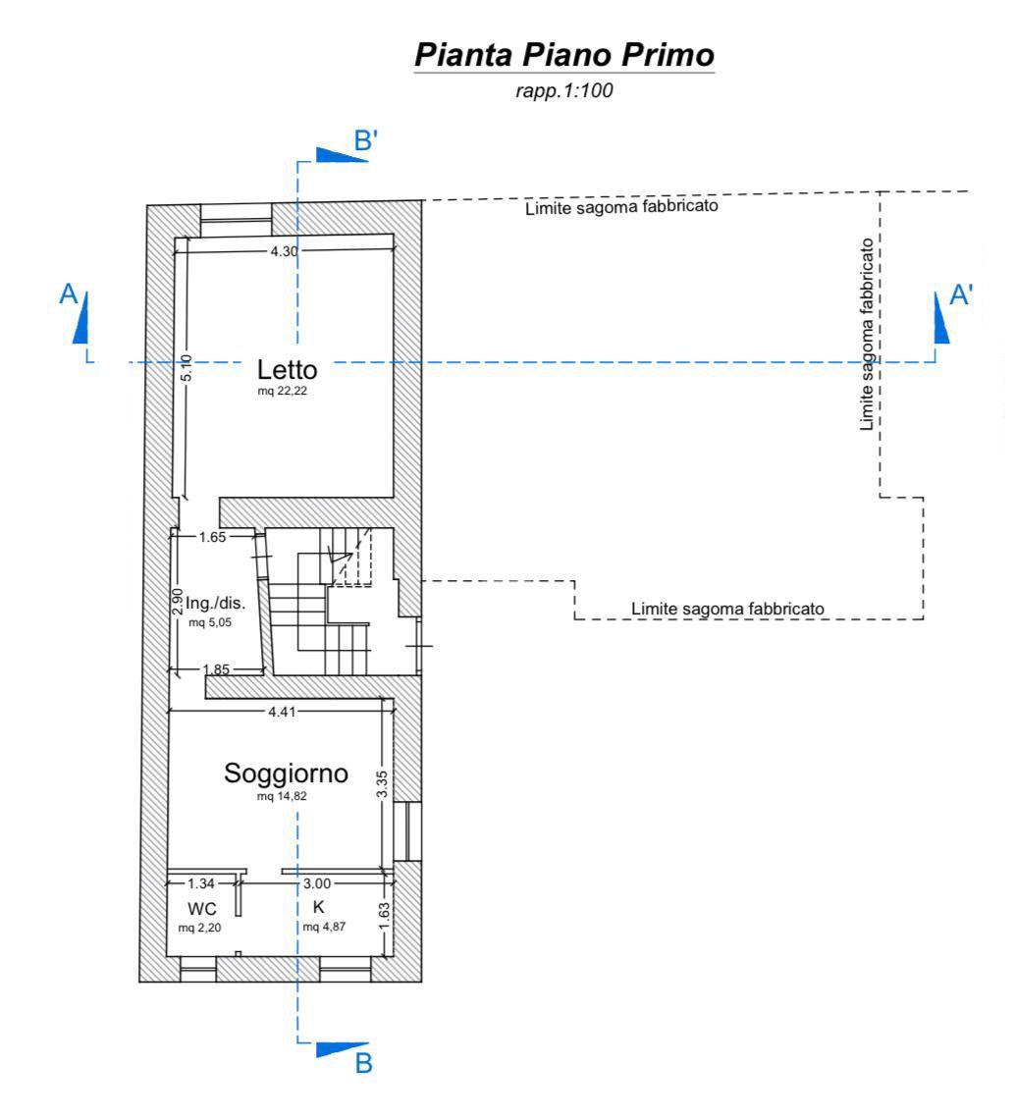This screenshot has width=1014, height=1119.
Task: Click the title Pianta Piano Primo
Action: point(563,55)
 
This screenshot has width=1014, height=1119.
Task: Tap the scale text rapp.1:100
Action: point(563,90)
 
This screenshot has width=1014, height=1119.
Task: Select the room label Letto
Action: point(287,370)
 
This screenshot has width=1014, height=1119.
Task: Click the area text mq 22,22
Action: point(282,391)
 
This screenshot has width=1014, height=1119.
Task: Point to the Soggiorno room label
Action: point(287,773)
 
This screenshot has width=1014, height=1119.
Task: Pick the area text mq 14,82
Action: point(282,796)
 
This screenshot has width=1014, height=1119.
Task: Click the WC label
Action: point(202,909)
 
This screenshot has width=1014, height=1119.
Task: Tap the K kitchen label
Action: point(318,907)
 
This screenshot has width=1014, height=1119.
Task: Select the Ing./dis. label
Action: point(216,603)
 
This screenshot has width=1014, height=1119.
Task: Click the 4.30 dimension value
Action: point(284,251)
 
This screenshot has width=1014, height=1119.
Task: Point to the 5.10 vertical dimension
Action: point(186,367)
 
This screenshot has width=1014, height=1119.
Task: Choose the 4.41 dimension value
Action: point(282,712)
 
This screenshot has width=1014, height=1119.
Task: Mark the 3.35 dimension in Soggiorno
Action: point(383,783)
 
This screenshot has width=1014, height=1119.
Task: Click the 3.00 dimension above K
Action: point(317,883)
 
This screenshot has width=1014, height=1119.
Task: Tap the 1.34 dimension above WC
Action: point(201,883)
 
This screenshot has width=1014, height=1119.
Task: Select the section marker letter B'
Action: point(365,140)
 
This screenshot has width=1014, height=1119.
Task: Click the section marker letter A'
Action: point(961,294)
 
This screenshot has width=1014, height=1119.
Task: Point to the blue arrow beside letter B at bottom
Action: point(342,1049)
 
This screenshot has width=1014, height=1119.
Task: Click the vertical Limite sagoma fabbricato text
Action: point(867,334)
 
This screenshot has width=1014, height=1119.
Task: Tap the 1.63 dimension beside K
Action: point(384,917)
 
